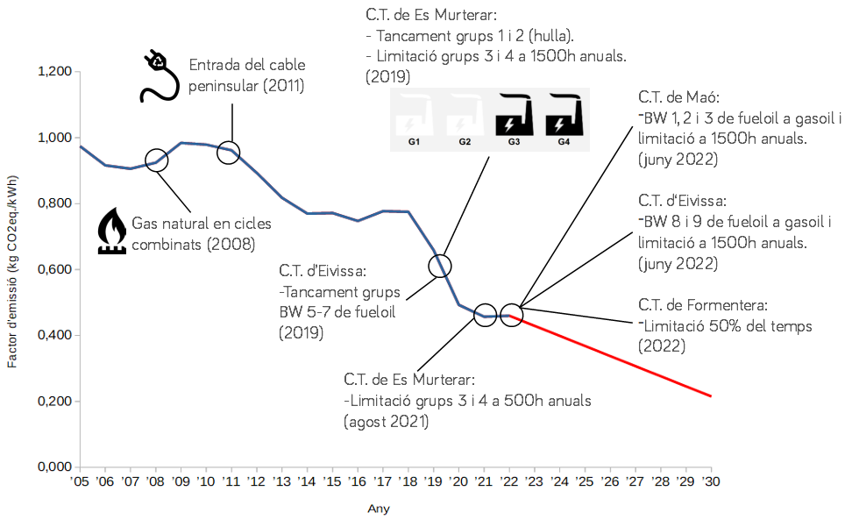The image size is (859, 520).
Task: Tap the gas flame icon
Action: (110, 231)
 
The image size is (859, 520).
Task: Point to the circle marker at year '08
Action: (156, 161)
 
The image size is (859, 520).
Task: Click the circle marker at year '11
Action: (229, 152)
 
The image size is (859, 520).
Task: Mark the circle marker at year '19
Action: (440, 265)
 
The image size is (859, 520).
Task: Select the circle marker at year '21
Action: (485, 316)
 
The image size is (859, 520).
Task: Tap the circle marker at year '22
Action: (512, 314)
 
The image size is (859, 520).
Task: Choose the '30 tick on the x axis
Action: (711, 482)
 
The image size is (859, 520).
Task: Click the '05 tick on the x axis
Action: (80, 482)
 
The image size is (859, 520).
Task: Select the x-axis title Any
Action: (379, 509)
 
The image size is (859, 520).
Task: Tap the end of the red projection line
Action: (711, 396)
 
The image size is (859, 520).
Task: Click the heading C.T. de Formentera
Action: (703, 305)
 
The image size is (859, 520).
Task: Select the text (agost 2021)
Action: (386, 422)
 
